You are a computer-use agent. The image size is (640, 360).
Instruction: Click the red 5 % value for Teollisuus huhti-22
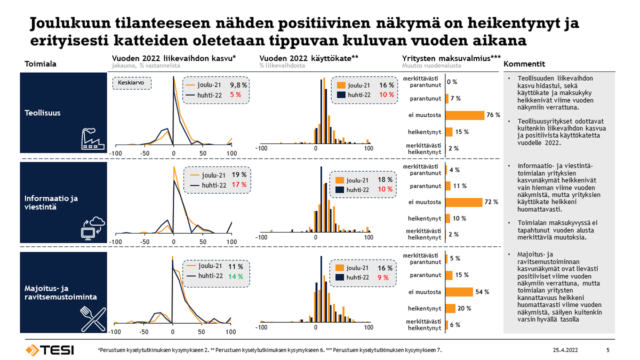coord(236,94)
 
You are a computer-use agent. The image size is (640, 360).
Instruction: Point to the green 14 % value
coord(235,276)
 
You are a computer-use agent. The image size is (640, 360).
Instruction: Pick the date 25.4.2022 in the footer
coord(566,350)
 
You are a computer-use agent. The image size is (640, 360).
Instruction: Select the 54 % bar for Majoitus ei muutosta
coord(459,292)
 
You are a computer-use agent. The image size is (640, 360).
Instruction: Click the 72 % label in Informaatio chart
coord(491,202)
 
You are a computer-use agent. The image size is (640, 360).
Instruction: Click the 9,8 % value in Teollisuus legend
coord(238,85)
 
